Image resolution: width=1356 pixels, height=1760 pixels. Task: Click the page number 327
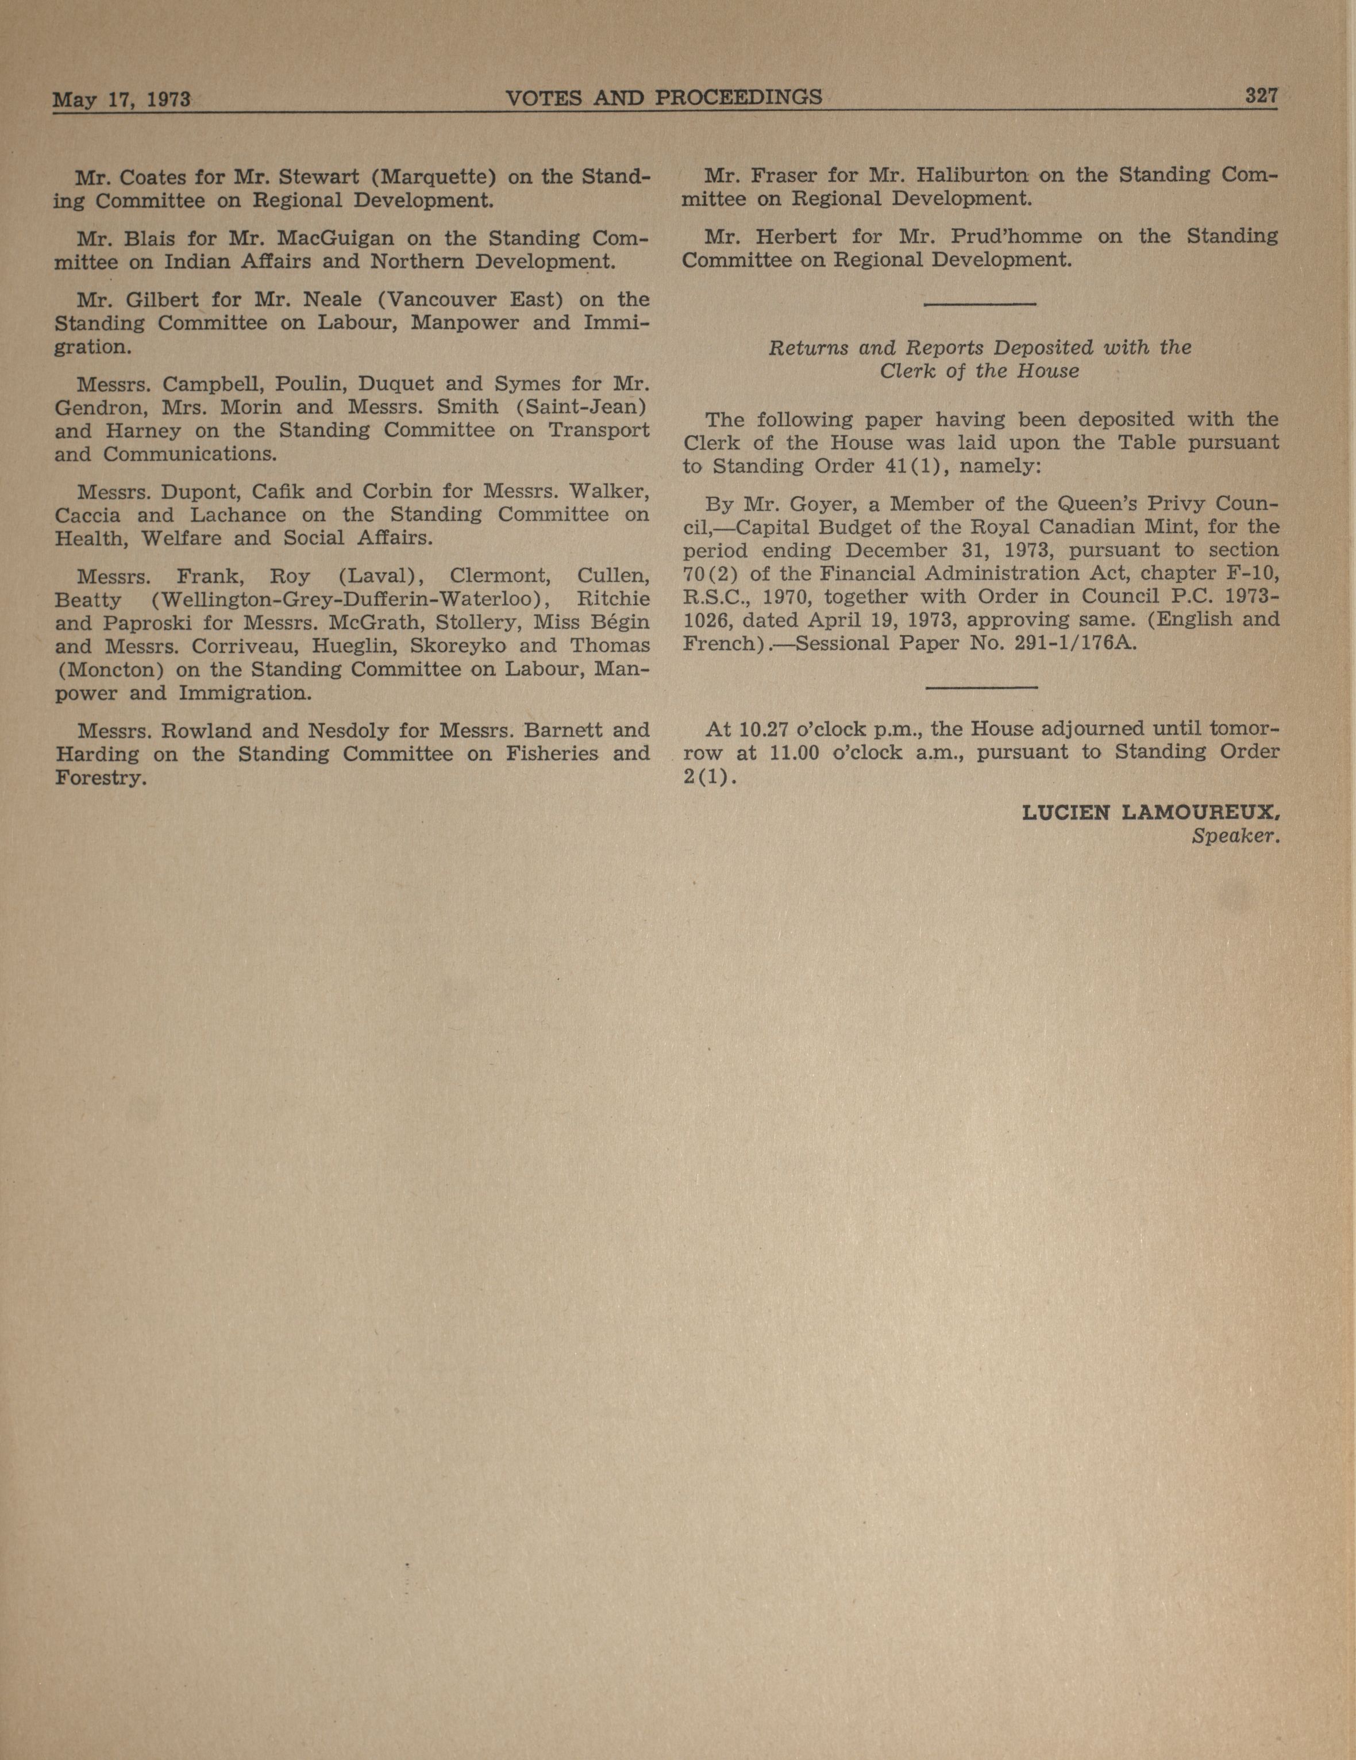tap(1261, 96)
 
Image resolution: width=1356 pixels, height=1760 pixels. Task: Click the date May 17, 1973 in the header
tap(121, 100)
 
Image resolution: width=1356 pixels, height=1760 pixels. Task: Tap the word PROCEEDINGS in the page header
tap(739, 98)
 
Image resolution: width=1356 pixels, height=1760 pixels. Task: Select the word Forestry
tap(101, 778)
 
